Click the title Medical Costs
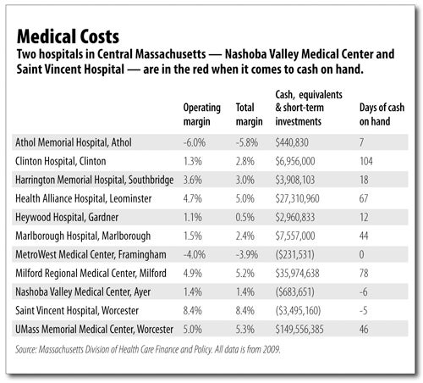(68, 36)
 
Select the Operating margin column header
(202, 114)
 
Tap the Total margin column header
(250, 114)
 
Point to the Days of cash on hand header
(382, 114)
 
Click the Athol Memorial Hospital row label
(74, 142)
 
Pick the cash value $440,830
(292, 142)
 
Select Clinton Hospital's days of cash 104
(366, 161)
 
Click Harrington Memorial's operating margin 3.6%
(193, 180)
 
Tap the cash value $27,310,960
(297, 198)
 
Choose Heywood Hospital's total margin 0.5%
(245, 217)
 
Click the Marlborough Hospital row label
(83, 236)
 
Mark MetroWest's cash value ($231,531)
(294, 254)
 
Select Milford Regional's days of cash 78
(364, 273)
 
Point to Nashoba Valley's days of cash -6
(364, 291)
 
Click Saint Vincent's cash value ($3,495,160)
(298, 310)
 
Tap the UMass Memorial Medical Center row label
(94, 330)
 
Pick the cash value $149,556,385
(299, 330)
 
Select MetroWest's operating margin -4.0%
(195, 254)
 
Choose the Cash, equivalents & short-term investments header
(309, 108)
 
